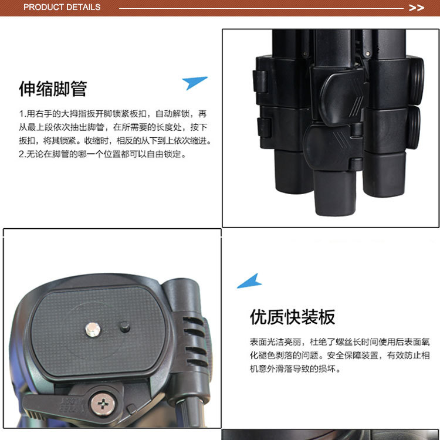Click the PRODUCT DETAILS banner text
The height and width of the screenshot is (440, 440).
click(62, 7)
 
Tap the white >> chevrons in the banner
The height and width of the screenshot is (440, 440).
click(416, 8)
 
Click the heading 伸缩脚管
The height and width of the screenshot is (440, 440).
click(53, 89)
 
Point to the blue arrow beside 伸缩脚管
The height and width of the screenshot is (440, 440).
click(194, 83)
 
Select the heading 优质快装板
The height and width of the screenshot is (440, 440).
click(292, 317)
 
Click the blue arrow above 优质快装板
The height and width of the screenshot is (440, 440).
click(249, 282)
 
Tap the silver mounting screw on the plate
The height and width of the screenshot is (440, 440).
click(93, 329)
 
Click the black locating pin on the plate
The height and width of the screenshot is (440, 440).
click(124, 327)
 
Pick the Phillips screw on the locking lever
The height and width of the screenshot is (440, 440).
click(103, 404)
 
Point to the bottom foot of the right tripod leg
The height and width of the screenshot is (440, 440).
click(384, 175)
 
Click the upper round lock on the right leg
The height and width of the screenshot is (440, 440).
click(415, 81)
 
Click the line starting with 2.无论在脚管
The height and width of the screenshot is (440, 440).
click(103, 154)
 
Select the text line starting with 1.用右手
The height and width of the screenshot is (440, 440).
click(113, 114)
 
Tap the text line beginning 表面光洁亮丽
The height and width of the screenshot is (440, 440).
click(340, 342)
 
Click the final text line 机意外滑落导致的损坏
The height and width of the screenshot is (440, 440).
click(295, 369)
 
